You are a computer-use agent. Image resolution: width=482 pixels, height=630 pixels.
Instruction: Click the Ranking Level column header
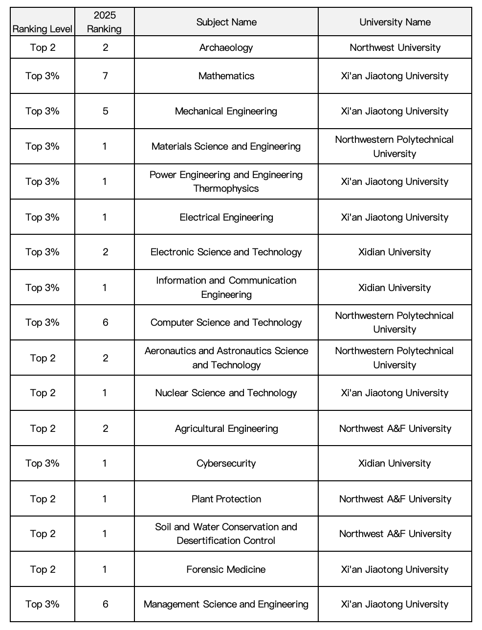(43, 29)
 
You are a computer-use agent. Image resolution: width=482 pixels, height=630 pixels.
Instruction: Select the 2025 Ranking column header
(105, 22)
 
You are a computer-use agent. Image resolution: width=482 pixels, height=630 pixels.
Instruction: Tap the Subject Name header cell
(226, 22)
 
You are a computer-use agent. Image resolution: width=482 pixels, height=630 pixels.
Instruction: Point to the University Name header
(395, 22)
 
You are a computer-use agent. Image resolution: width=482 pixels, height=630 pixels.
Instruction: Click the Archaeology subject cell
(226, 47)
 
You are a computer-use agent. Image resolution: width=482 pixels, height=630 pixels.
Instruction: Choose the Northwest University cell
(395, 47)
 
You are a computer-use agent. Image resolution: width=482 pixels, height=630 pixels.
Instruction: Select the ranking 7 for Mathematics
(105, 76)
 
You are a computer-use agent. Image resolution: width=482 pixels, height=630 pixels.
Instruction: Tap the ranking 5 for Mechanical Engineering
(105, 111)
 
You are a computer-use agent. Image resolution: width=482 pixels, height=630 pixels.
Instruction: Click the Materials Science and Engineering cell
(226, 146)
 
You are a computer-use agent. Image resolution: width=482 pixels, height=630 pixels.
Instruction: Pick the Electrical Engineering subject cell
(226, 217)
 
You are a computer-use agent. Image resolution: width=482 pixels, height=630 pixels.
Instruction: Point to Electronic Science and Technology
(226, 252)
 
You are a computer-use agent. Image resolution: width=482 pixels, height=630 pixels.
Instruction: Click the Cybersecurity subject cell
(226, 463)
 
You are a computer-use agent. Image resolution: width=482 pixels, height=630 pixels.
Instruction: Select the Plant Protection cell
(226, 499)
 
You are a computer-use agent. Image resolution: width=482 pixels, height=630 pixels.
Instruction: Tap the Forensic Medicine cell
(226, 569)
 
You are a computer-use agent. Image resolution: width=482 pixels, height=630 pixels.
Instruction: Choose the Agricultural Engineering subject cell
(226, 428)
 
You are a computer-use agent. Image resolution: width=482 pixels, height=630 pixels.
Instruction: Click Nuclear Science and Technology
(226, 393)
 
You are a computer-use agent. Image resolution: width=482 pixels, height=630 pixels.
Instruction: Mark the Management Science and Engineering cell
(226, 604)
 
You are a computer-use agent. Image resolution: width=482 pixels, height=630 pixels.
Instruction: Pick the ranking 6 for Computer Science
(105, 322)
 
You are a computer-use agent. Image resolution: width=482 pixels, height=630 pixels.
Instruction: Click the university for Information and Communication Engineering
(395, 288)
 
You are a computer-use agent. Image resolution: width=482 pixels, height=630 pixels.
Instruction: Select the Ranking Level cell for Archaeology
(43, 47)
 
